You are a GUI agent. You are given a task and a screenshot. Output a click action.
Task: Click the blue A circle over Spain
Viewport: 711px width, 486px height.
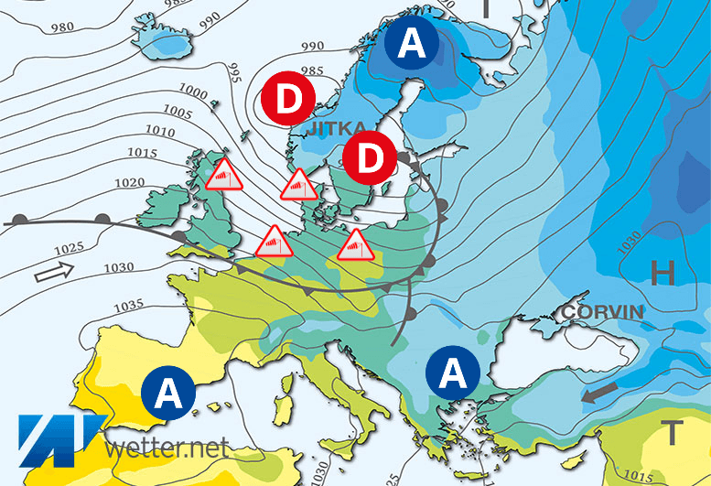coord(167,394)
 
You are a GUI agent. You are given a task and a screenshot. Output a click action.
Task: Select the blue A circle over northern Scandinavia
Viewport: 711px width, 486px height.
coord(411,44)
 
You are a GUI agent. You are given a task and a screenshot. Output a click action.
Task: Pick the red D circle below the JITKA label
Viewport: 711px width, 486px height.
coord(370,158)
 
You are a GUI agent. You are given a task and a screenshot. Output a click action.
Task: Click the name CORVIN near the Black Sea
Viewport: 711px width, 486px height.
coord(603,312)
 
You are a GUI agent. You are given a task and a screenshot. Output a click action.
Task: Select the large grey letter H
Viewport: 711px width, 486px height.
coord(663,271)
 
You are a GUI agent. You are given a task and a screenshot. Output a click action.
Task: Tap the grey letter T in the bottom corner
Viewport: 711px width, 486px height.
coord(673,431)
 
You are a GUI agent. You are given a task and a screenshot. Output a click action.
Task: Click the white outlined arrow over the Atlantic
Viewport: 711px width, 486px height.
coord(52,272)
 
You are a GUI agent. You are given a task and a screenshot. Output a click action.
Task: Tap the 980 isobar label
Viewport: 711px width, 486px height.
coord(38,27)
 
